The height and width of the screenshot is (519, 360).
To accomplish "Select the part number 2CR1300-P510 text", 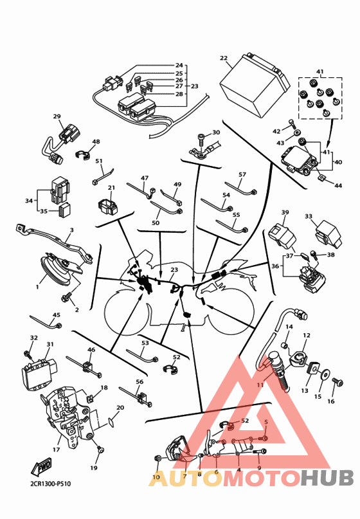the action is (50, 484).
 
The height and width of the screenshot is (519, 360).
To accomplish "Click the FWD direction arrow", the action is (41, 466).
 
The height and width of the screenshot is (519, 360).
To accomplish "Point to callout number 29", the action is (57, 116).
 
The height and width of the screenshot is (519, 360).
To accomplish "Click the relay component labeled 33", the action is (328, 235).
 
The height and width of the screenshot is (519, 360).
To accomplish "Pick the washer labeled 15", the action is (325, 375).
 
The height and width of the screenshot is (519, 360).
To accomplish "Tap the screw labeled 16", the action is (338, 382).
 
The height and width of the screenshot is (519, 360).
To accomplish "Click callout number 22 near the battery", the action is (224, 59).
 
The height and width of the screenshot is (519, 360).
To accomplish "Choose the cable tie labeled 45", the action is (46, 322).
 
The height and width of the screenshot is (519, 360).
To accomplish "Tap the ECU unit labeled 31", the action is (41, 371).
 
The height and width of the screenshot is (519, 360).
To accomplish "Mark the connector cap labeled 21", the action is (107, 206).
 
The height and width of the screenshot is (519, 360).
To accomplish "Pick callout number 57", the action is (242, 174).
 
